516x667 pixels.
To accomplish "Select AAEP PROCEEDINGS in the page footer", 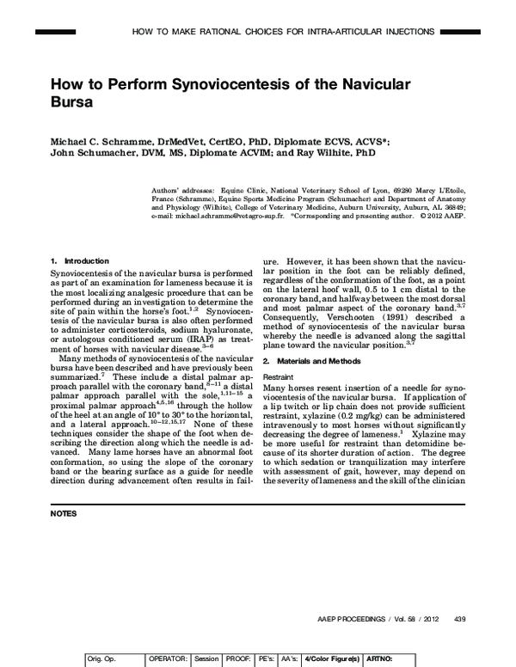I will (342, 618).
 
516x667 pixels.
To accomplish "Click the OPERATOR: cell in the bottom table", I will (168, 658).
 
